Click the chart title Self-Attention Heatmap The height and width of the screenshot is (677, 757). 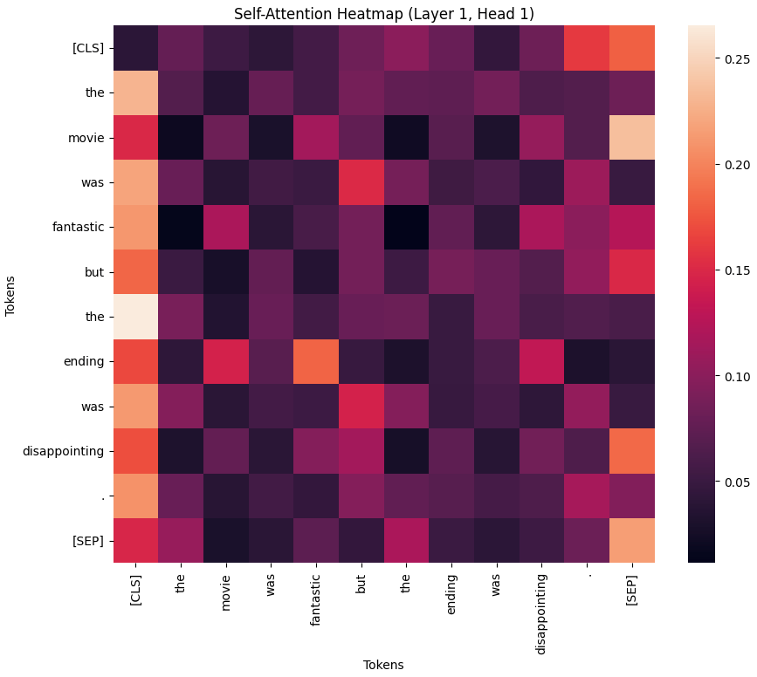[x=384, y=14]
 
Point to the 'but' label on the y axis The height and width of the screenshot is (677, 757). [x=95, y=271]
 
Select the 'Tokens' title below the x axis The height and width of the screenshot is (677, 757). [x=383, y=664]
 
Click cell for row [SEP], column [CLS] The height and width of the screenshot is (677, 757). [x=137, y=540]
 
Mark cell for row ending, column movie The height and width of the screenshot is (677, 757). [x=230, y=361]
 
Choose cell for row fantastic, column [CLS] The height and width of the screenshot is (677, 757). [x=137, y=226]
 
